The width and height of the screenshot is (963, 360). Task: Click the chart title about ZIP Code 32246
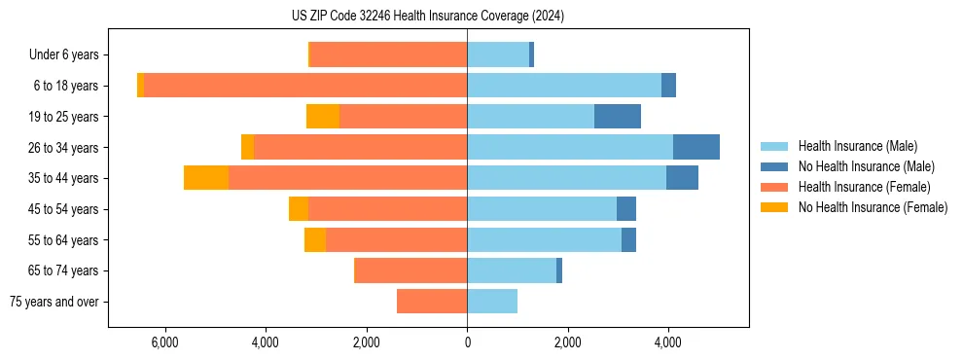(x=467, y=17)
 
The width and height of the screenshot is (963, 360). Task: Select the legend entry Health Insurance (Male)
(x=857, y=146)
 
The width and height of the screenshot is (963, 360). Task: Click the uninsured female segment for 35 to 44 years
(x=206, y=178)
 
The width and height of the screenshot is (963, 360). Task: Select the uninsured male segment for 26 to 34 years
(x=696, y=147)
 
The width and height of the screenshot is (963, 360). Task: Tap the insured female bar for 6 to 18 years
(x=305, y=86)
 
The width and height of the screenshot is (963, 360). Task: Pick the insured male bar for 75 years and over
(x=492, y=302)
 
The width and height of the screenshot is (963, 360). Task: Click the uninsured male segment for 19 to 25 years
(x=618, y=117)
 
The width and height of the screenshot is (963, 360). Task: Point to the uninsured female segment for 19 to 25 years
(x=323, y=117)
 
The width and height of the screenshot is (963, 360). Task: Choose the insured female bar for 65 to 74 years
(x=411, y=270)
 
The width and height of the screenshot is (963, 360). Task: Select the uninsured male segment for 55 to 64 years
(x=628, y=239)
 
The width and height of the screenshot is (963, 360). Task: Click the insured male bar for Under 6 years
(x=498, y=55)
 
